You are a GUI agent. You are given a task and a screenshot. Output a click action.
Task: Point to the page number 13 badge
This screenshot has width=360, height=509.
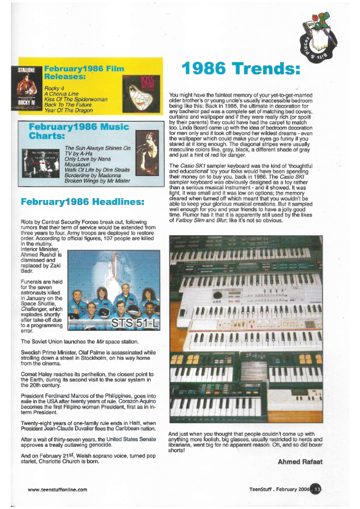(x=315, y=489)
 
